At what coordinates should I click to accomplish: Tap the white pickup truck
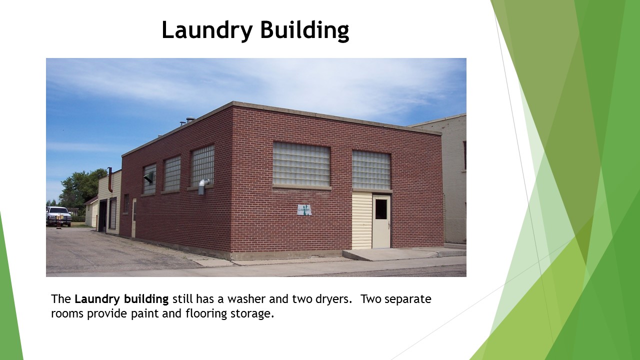point(58,215)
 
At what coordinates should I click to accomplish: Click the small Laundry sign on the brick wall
point(304,210)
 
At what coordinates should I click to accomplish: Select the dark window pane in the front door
point(381,209)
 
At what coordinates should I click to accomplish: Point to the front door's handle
point(388,225)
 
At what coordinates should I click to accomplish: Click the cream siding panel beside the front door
point(361,220)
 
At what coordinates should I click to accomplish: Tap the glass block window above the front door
point(371,170)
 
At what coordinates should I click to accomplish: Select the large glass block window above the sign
point(301,164)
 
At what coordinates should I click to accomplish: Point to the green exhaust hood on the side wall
point(148,177)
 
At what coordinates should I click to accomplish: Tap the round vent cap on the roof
point(190,120)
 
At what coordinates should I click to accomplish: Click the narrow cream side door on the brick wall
point(133,218)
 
